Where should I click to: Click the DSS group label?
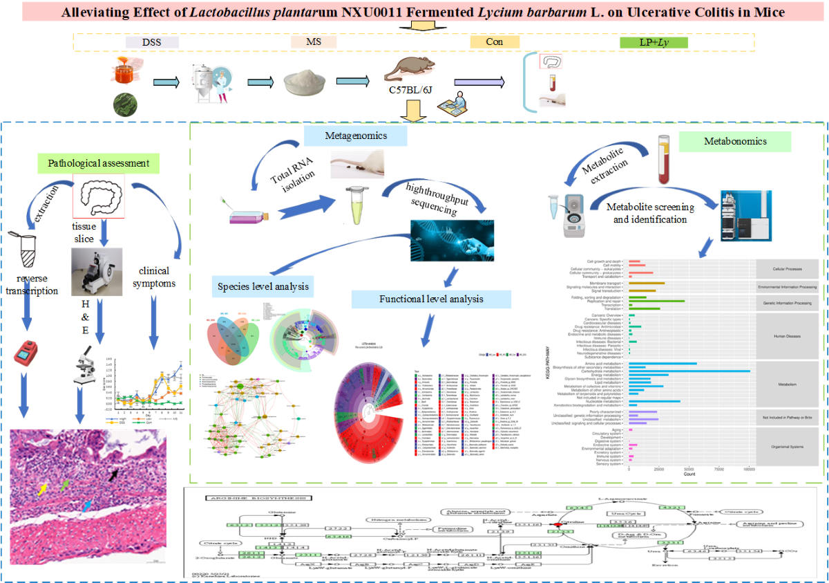tap(152, 42)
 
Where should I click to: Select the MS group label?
tap(313, 42)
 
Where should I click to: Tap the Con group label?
tap(494, 42)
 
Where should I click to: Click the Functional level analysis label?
tap(431, 299)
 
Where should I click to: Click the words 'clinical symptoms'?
tap(155, 277)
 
